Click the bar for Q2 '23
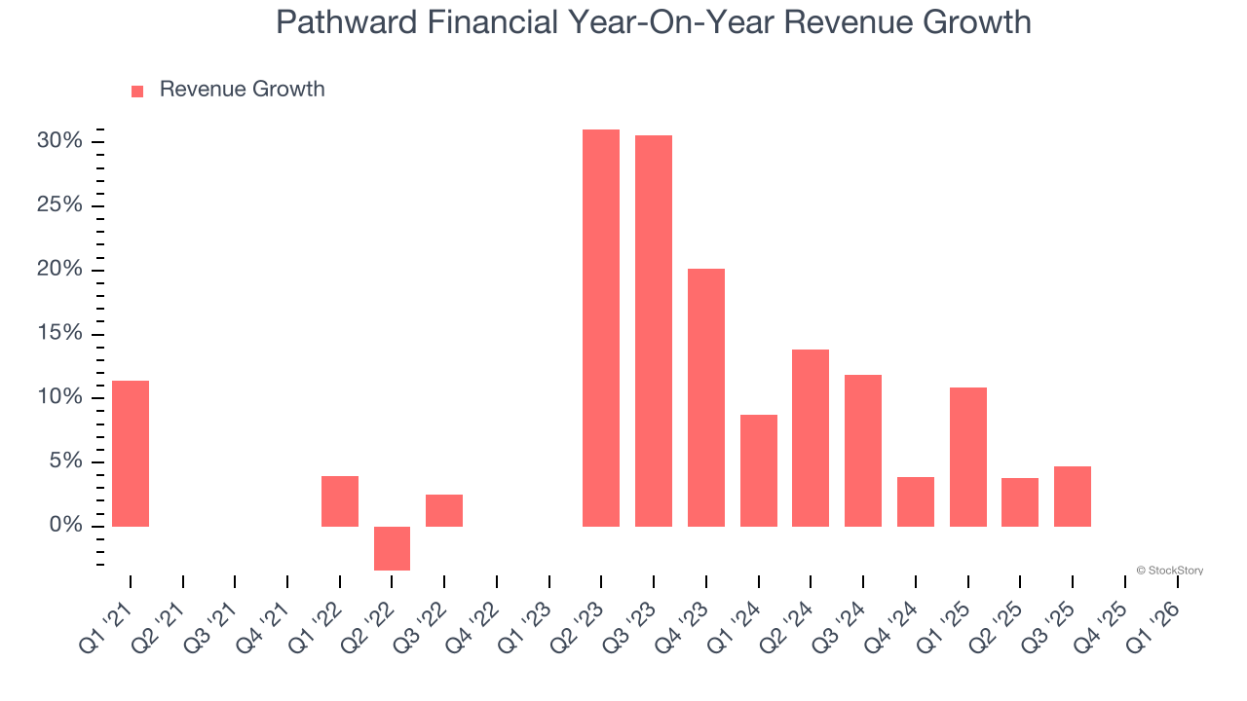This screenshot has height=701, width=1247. click(x=601, y=328)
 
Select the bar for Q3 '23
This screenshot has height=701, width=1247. click(x=654, y=331)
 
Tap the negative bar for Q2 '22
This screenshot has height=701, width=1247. click(x=392, y=548)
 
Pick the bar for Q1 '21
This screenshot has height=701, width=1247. click(x=131, y=454)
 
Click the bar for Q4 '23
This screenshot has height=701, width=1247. click(x=706, y=397)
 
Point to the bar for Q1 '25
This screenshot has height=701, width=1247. click(x=968, y=457)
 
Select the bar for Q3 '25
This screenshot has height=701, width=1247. click(x=1073, y=497)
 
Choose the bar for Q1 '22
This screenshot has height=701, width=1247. click(x=340, y=501)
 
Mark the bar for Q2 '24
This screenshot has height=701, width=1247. click(x=811, y=438)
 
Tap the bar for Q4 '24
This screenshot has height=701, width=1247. click(x=916, y=501)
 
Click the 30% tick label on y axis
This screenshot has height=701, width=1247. click(x=59, y=141)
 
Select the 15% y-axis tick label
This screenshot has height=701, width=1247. click(x=59, y=333)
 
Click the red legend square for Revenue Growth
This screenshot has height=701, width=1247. click(x=137, y=91)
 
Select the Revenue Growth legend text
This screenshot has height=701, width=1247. click(x=242, y=90)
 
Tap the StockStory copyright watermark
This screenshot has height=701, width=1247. click(x=1169, y=571)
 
